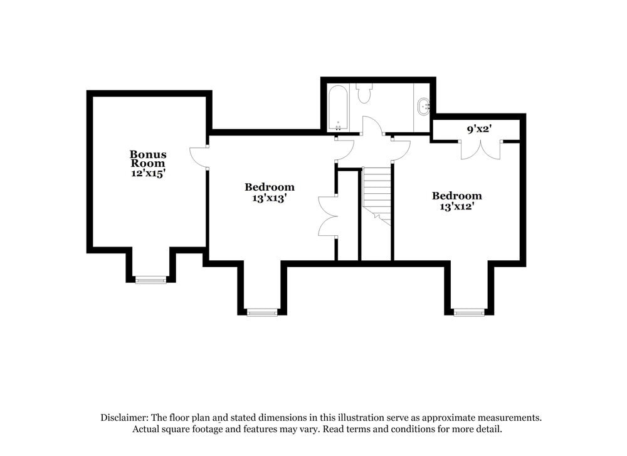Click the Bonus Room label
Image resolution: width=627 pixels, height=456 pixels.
[x=148, y=159]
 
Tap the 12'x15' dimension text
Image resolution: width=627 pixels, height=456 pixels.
[x=148, y=173]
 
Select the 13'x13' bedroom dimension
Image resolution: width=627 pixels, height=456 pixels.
[x=270, y=198]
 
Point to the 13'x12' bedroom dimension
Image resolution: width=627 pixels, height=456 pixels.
[x=456, y=206]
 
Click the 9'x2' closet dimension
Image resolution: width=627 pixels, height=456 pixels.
[x=479, y=129]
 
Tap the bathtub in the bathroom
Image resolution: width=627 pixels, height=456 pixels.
[x=339, y=108]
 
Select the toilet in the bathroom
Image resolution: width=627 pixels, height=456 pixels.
[x=364, y=93]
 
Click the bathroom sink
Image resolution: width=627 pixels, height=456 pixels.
[x=423, y=107]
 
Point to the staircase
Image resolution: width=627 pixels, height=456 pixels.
[x=376, y=196]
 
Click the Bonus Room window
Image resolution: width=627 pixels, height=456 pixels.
[x=150, y=280]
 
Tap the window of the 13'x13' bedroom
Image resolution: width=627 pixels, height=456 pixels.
[x=262, y=312]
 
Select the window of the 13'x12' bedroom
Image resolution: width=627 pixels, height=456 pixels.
[x=469, y=312]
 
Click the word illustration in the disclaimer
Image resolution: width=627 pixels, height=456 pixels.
[x=361, y=418]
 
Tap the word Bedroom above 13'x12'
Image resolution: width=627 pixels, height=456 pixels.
[x=456, y=196]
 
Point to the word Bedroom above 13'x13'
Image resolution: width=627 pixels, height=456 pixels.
[x=270, y=187]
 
